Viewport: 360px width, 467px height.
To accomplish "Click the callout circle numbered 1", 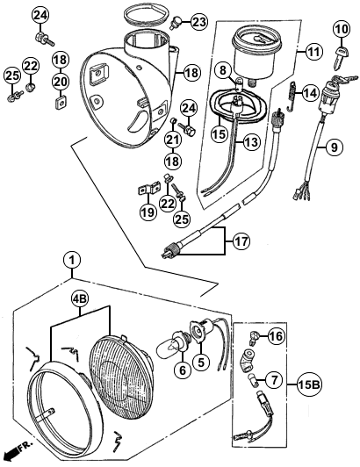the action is tap(72, 260).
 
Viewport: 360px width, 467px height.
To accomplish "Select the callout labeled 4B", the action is tap(81, 299).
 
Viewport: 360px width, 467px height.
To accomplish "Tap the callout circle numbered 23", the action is tap(198, 22).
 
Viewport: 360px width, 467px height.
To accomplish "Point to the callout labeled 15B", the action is tap(308, 385).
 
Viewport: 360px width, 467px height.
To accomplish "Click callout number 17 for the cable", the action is tap(241, 241).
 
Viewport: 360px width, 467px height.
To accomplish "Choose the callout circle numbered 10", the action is tap(342, 30).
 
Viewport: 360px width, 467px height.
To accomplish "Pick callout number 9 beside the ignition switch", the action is tap(334, 147).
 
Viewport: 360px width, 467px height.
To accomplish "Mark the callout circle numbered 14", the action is tap(310, 94).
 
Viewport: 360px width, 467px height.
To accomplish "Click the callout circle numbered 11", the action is tap(314, 52).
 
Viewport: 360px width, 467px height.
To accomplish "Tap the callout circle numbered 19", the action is tap(148, 212).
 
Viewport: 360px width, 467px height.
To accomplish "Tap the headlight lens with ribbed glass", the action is tap(122, 382).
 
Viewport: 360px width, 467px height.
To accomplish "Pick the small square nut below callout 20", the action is tap(61, 103).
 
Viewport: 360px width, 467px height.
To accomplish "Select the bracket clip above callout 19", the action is tap(148, 189).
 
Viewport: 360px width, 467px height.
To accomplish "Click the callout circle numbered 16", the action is tap(277, 336).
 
